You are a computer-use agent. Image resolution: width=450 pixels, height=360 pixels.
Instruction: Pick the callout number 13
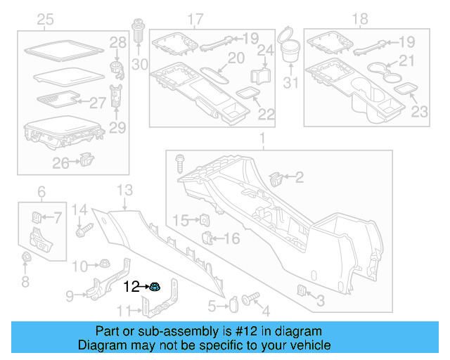(124, 189)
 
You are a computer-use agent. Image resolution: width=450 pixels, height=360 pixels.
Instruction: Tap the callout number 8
(25, 282)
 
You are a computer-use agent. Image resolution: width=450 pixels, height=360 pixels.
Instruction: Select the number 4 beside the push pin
(265, 310)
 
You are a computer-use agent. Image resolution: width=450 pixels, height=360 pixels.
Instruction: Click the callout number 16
(231, 239)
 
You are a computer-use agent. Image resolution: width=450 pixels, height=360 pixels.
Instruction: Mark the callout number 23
(419, 110)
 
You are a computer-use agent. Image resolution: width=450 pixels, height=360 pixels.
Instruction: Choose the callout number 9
(70, 296)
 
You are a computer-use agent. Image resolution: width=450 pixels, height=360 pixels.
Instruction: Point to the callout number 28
(118, 44)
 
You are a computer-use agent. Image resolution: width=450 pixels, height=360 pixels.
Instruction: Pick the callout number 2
(299, 179)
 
